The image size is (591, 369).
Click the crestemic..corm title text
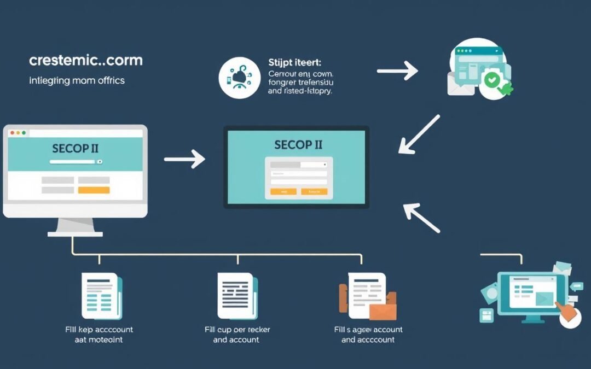pos(86,60)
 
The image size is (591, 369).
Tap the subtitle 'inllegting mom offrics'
pos(77,80)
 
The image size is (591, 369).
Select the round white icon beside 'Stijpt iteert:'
pos(239,79)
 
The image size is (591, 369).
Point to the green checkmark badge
pos(492,80)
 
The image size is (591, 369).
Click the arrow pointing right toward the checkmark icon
pos(397,71)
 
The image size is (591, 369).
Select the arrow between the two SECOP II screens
pos(184,159)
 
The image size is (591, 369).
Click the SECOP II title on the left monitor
pos(75,148)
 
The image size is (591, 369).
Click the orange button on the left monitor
pos(94,190)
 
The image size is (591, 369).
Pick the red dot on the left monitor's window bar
pos(11,133)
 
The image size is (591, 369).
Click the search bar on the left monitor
pos(76,162)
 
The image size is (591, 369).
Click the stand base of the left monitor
pos(75,233)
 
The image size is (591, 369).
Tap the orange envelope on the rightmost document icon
pos(382,311)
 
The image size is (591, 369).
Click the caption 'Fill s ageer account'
pos(368,330)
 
